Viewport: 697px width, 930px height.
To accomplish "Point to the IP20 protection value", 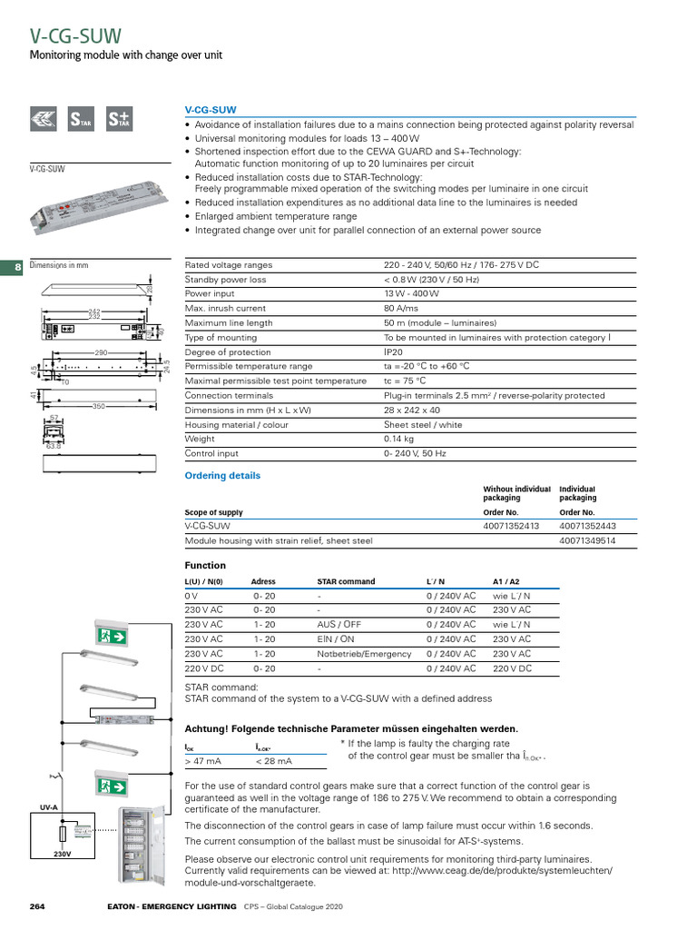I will tap(393, 352).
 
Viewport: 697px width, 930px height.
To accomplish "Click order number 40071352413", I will tap(511, 525).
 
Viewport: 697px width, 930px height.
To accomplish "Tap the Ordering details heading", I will tap(222, 476).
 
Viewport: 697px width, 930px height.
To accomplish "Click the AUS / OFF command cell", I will tap(339, 625).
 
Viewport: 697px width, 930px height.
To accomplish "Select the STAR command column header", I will tap(346, 581).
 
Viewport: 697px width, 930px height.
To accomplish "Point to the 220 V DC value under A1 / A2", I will tap(513, 668).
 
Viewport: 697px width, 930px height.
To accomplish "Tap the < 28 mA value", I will tap(273, 761).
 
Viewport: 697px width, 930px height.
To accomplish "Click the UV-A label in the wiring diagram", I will tap(49, 806).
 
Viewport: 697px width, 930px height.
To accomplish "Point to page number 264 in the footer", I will tap(37, 907).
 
